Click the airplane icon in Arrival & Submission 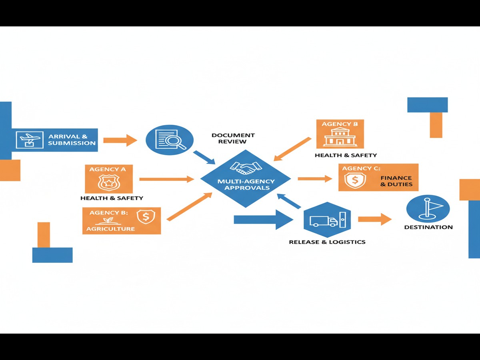pos(29,140)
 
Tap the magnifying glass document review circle pos(169,140)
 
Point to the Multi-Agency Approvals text pos(246,184)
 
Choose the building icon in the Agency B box pos(340,138)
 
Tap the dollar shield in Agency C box pos(354,180)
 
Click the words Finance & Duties pos(396,181)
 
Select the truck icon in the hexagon pos(323,221)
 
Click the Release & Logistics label pos(327,242)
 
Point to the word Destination pos(428,227)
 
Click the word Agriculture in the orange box pos(111,229)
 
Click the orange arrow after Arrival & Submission pos(120,140)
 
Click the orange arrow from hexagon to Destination pos(374,219)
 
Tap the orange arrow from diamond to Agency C pos(315,178)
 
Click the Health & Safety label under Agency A pos(112,198)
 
